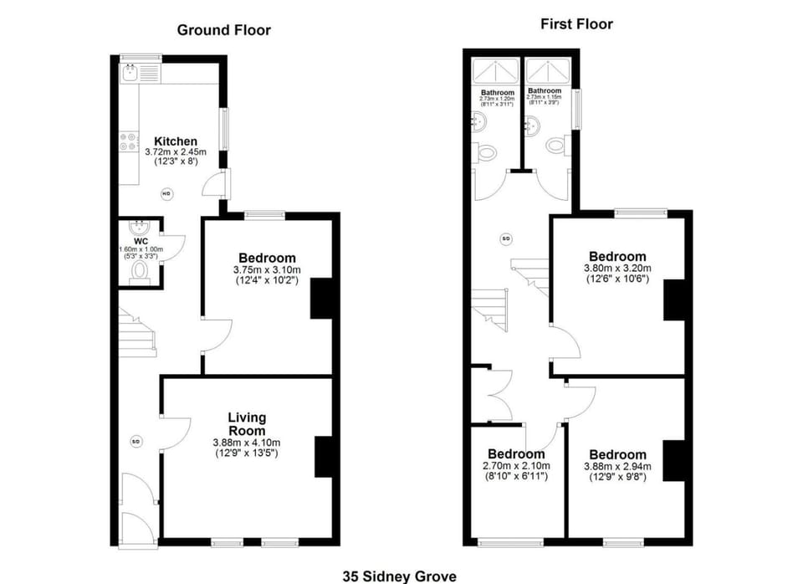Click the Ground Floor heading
[223, 30]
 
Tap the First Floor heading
[576, 24]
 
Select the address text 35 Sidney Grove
[399, 576]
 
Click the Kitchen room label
[176, 141]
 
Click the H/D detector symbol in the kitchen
[166, 194]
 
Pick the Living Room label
[247, 424]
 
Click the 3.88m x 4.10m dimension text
[247, 443]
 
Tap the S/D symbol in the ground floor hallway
[136, 441]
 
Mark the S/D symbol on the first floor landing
[506, 239]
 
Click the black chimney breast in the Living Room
[324, 457]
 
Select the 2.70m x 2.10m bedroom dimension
[516, 466]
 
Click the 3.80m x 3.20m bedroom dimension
[617, 269]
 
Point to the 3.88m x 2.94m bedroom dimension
[615, 466]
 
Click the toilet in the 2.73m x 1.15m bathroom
[555, 145]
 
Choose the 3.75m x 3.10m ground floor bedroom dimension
[266, 270]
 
